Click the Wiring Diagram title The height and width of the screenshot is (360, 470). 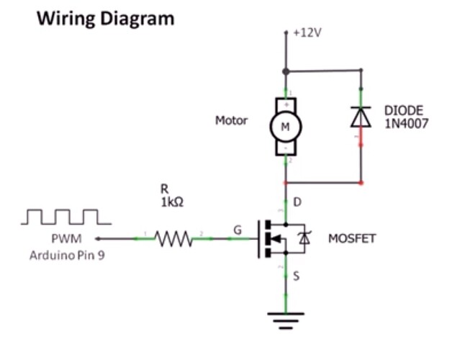click(x=106, y=18)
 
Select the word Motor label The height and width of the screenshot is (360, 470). click(x=231, y=120)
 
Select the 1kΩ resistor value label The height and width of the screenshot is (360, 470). click(x=172, y=203)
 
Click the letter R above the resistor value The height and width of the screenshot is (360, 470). click(x=164, y=189)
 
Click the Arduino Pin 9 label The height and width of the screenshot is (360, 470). click(x=67, y=255)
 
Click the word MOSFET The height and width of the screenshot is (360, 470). click(x=352, y=238)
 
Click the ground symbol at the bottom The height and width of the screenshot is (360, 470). click(x=286, y=317)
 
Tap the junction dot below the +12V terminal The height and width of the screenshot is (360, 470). click(x=286, y=71)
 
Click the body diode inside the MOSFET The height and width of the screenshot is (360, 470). click(x=304, y=238)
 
